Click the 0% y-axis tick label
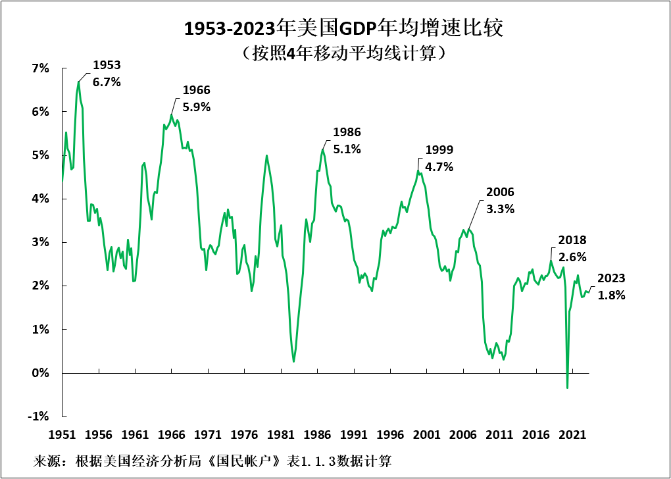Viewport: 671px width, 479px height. click(x=41, y=372)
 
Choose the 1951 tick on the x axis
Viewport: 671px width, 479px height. click(x=62, y=434)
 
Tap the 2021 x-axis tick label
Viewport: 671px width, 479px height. click(x=572, y=434)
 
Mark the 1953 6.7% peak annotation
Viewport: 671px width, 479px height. click(x=107, y=73)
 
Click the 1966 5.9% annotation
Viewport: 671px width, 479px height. click(x=196, y=98)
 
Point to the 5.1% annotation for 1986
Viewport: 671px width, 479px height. click(x=347, y=141)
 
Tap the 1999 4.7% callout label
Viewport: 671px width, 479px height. click(x=439, y=159)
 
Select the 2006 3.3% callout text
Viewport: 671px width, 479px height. click(x=500, y=201)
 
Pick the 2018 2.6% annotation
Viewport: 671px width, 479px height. click(x=572, y=249)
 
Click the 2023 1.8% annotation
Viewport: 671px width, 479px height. click(x=611, y=287)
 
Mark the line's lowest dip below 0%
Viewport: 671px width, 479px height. click(x=567, y=388)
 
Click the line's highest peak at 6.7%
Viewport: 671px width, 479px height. click(x=78, y=82)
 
